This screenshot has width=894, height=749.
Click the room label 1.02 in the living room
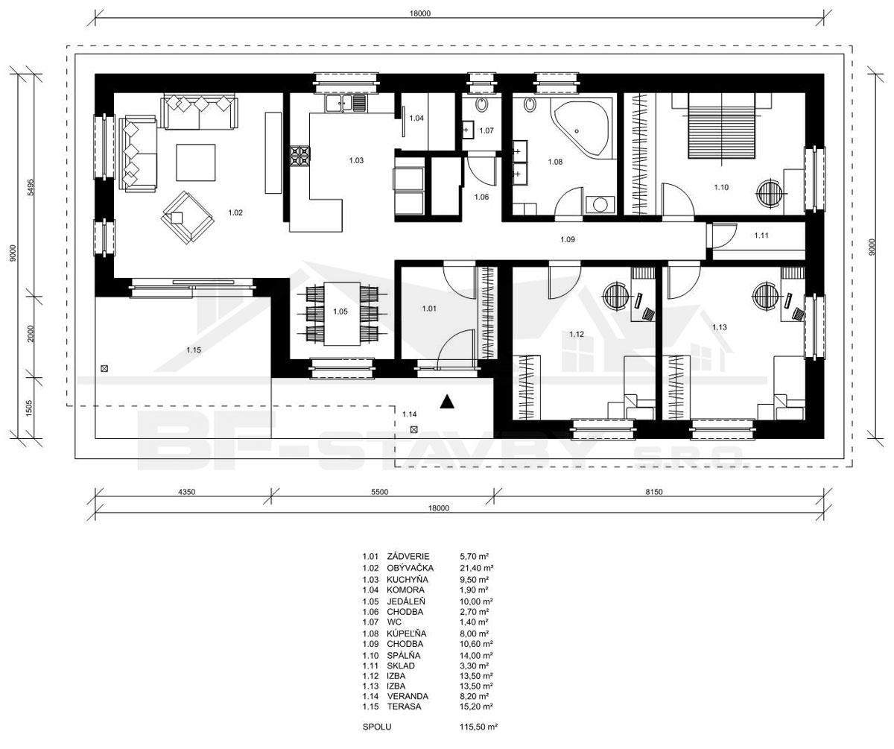coord(235,212)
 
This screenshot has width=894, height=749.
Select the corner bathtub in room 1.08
coord(582,130)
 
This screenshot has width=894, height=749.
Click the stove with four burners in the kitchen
coord(299,156)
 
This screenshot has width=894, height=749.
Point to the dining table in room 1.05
coord(342,314)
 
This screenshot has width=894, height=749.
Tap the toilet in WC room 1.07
coord(482,104)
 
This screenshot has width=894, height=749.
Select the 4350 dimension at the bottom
coord(186,492)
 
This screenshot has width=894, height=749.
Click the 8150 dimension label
coord(654,492)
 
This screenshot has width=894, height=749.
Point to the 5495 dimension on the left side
coord(30,187)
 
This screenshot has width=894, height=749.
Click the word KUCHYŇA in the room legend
coord(408,579)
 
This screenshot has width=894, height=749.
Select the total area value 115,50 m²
coord(478,727)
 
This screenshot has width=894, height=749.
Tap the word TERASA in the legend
coord(404,707)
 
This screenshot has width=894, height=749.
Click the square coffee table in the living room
coord(196,162)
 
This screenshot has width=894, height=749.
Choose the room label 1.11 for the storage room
coord(761,235)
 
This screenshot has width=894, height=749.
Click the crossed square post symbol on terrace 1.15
coord(104,368)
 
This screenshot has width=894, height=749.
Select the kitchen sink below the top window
coord(346,103)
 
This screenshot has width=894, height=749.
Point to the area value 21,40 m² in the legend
coord(477,569)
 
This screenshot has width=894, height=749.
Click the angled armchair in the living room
coord(188,218)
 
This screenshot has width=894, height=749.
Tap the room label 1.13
coord(720,327)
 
